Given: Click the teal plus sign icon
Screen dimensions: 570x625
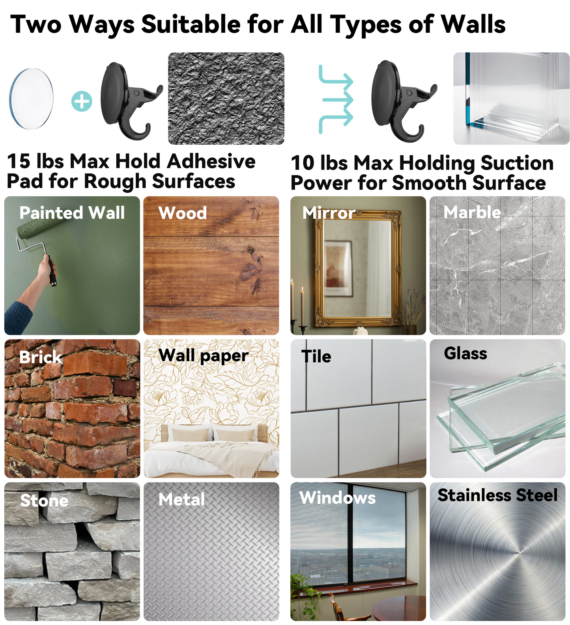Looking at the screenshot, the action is (x=82, y=101).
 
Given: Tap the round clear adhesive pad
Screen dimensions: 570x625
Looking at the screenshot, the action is (x=32, y=99).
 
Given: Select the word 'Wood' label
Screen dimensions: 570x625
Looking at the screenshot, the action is (x=183, y=213).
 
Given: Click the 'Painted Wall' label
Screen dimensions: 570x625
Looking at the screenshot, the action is (x=72, y=213).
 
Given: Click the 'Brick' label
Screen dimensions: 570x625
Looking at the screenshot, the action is (x=41, y=357).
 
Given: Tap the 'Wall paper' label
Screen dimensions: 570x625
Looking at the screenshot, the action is (x=204, y=356).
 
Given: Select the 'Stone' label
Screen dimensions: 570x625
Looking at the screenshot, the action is (x=44, y=500).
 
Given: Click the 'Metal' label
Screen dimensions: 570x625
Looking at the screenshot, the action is (x=182, y=500).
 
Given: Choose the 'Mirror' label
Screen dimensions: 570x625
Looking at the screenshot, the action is (x=329, y=213).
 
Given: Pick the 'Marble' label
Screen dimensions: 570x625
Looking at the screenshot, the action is (x=472, y=212).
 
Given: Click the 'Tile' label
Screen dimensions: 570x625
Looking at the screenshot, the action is (x=316, y=356).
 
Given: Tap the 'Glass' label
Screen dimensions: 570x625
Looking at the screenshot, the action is (x=465, y=353).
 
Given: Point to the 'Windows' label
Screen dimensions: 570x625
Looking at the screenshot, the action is (x=338, y=498).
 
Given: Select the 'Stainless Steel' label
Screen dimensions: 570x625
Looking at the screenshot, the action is (x=498, y=495).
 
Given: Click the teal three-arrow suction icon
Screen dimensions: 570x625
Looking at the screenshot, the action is (x=336, y=100).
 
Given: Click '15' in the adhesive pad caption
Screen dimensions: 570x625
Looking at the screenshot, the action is (x=19, y=161).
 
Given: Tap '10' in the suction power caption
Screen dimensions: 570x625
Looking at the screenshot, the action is (x=303, y=163).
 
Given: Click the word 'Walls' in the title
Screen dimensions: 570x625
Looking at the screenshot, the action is (x=473, y=24).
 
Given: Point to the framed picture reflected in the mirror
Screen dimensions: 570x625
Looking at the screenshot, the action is (x=338, y=268).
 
